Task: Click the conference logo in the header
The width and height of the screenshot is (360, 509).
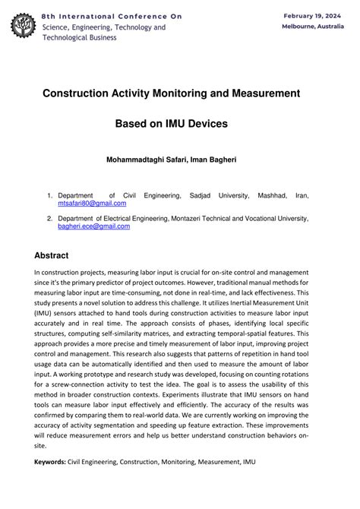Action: [x=23, y=27]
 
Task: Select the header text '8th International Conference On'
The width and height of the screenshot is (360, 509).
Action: [x=112, y=16]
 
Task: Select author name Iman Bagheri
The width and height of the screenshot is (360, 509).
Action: [x=217, y=160]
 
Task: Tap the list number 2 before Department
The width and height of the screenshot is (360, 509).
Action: [x=49, y=218]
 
